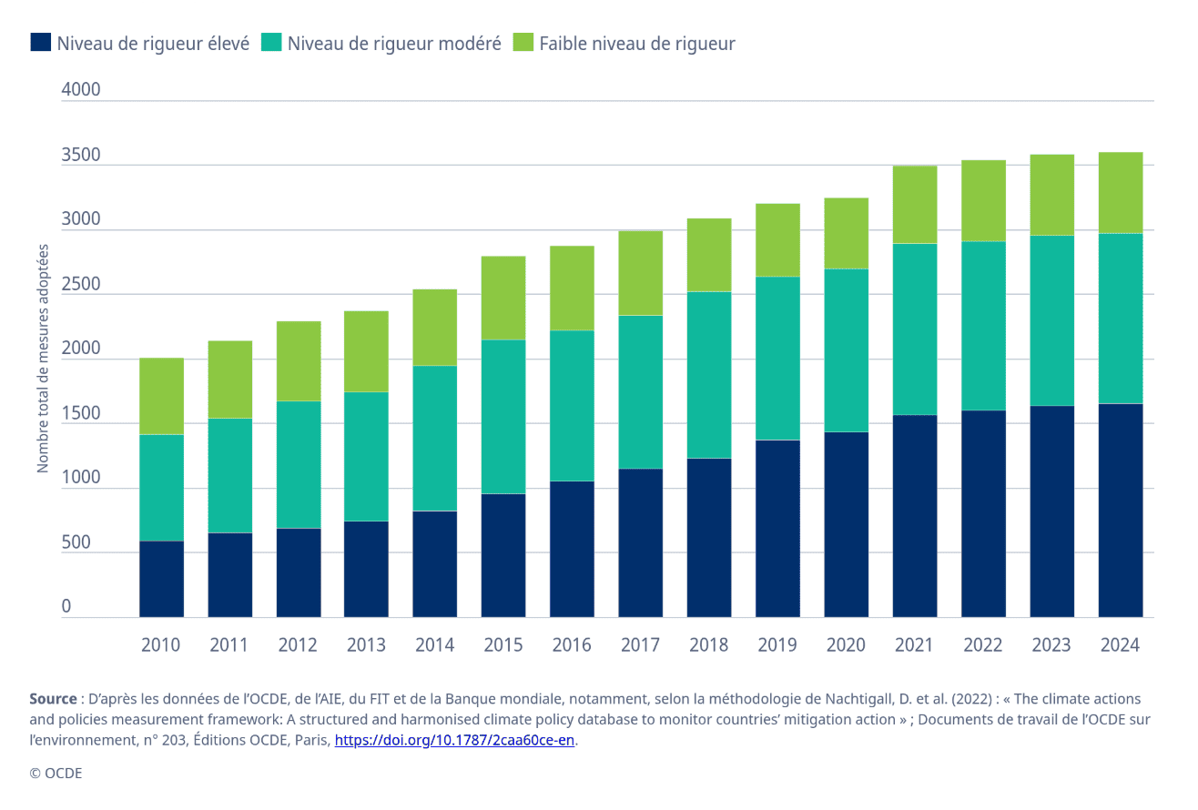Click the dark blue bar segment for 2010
[x=161, y=579]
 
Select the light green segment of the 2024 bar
[x=1120, y=193]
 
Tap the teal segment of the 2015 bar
[x=503, y=417]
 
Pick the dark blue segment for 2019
[x=777, y=529]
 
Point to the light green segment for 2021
[x=914, y=205]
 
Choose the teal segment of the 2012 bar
[x=299, y=464]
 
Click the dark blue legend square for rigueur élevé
[x=40, y=43]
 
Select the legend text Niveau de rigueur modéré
[x=394, y=44]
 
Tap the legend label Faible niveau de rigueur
[x=636, y=44]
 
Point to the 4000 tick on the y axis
[x=81, y=90]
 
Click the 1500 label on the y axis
[x=81, y=413]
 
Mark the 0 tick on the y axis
[x=66, y=607]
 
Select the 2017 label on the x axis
[x=640, y=645]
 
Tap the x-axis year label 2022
[x=982, y=645]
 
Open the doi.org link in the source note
[x=454, y=740]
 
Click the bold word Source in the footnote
[x=53, y=699]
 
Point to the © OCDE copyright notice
[x=56, y=773]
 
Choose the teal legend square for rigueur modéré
[x=271, y=43]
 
